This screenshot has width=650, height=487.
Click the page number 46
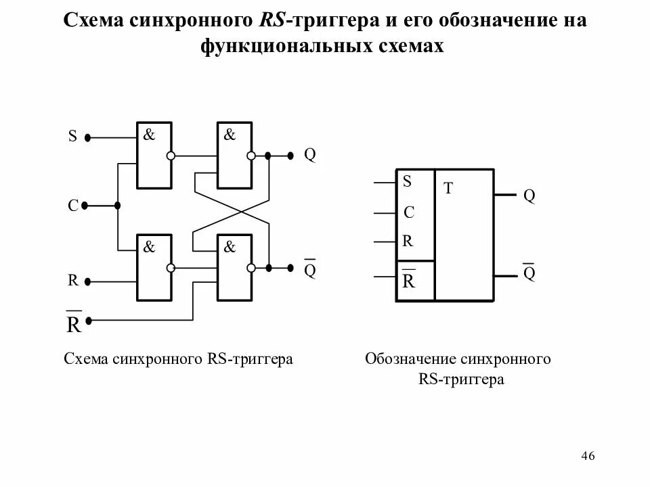(x=587, y=455)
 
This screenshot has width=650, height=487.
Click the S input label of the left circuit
(x=72, y=137)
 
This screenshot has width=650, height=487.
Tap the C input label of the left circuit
(x=72, y=206)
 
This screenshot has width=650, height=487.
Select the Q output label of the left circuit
(x=309, y=155)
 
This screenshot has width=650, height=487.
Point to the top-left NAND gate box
(x=154, y=156)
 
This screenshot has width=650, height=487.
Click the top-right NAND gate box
(x=234, y=156)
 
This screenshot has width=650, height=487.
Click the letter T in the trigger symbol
(x=448, y=189)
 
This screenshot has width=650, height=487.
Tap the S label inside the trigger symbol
(x=407, y=181)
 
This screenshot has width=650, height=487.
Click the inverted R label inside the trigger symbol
(x=408, y=281)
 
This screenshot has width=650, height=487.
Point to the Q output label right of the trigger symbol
(x=529, y=196)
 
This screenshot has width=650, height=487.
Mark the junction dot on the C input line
(x=117, y=206)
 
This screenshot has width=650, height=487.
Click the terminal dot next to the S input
(x=88, y=137)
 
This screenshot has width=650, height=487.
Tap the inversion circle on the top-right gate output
(x=251, y=156)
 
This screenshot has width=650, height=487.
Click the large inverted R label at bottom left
(x=74, y=323)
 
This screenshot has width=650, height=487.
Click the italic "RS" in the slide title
(x=272, y=20)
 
